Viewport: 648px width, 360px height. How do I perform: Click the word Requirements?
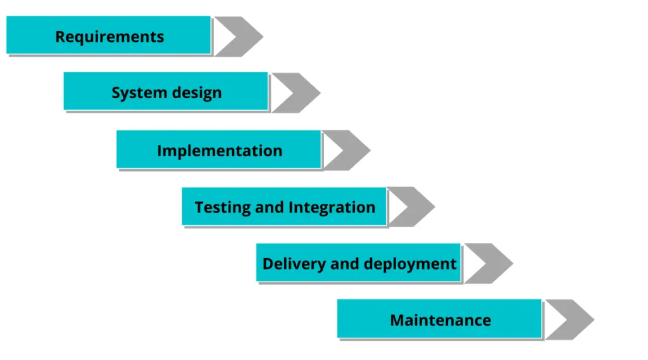(x=109, y=37)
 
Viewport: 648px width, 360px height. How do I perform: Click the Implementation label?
(x=220, y=151)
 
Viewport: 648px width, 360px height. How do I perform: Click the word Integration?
(x=332, y=208)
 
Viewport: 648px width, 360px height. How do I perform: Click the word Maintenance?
(x=440, y=320)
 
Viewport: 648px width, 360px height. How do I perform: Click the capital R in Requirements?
(x=60, y=37)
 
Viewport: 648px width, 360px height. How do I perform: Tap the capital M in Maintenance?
(x=397, y=320)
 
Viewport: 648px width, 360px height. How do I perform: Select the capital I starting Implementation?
(x=159, y=151)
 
